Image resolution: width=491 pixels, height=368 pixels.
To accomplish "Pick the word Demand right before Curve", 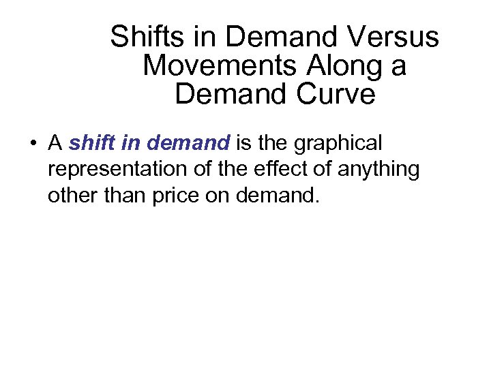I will coord(231,94).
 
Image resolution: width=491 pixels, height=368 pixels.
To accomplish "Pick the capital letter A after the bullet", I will coord(56,144).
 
